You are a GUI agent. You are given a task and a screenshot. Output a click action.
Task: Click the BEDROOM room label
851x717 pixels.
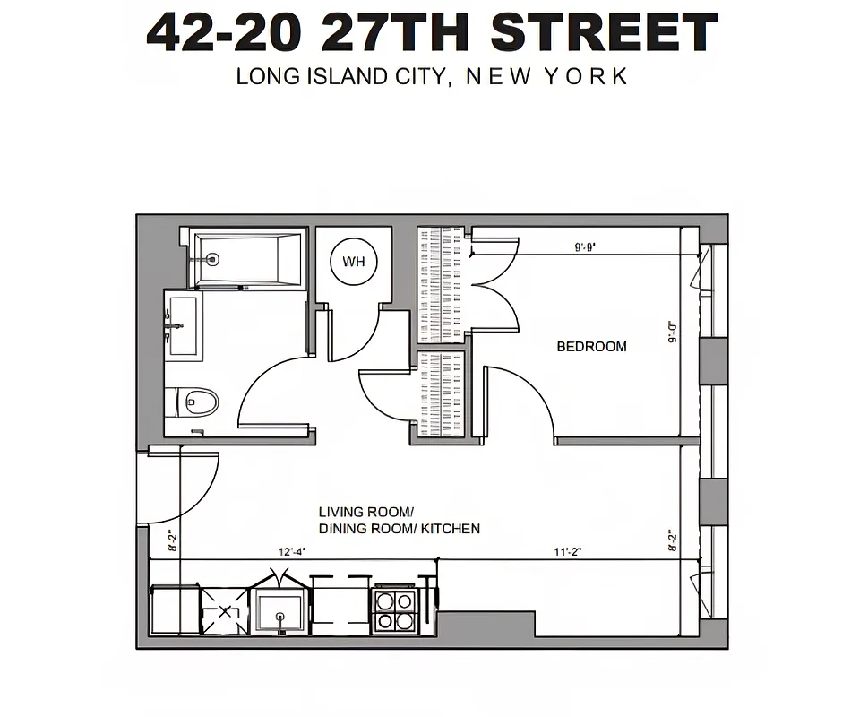click(x=591, y=347)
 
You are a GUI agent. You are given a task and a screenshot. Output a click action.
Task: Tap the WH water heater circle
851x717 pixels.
click(x=354, y=262)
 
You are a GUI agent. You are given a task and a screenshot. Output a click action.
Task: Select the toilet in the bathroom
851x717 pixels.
click(x=194, y=402)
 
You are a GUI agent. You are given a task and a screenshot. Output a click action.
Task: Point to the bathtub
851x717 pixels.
click(x=249, y=260)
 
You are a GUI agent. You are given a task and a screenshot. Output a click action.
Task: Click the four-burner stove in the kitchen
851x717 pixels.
click(x=395, y=610)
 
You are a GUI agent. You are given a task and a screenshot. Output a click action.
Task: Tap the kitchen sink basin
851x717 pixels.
click(x=280, y=611)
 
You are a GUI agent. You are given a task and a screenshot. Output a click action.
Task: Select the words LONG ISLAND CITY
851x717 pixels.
click(x=340, y=76)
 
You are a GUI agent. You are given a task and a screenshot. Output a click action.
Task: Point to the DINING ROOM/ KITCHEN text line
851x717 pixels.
click(x=399, y=529)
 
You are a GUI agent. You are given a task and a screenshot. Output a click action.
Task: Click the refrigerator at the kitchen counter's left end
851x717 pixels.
click(x=174, y=610)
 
